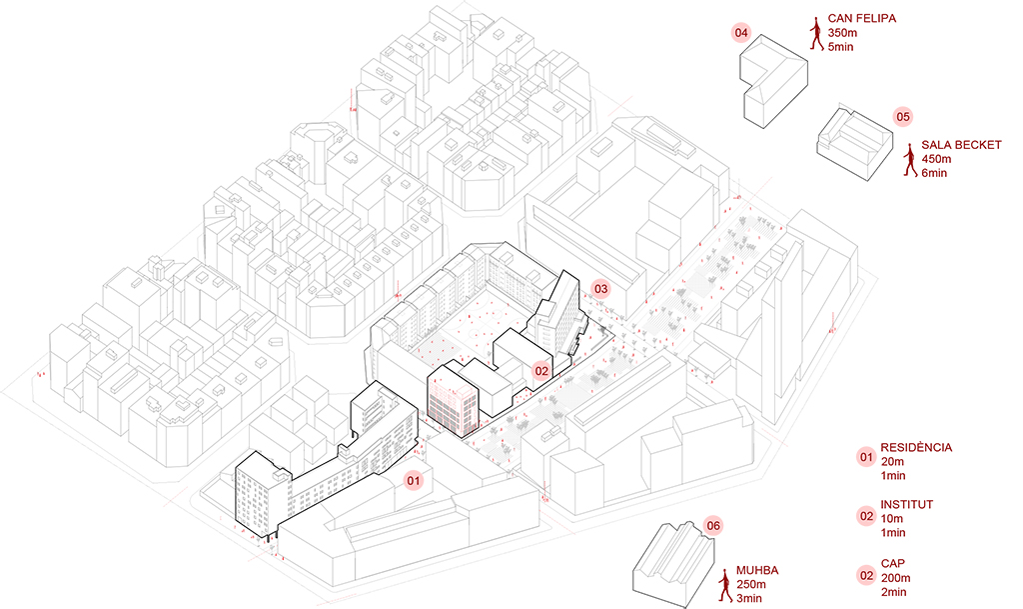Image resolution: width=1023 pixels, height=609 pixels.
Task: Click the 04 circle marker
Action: (741, 33)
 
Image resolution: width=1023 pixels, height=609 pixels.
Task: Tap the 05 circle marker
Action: (903, 116)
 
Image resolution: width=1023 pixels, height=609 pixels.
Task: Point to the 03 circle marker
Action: (600, 289)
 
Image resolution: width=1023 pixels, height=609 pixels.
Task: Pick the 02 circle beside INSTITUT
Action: (866, 516)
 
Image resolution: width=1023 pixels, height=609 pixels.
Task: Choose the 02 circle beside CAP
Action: (866, 575)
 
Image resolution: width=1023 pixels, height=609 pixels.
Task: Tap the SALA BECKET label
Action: (961, 145)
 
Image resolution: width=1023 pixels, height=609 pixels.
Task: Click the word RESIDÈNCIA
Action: (916, 447)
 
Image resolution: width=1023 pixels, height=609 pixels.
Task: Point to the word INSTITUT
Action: (906, 504)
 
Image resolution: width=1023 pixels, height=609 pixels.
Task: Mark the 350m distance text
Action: (843, 34)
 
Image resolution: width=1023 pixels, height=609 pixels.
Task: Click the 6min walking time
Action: (936, 174)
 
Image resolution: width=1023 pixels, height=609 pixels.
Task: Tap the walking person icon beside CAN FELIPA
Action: (817, 34)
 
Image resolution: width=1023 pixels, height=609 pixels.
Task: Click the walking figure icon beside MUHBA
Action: (725, 585)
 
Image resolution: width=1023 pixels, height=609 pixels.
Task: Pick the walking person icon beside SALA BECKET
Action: (910, 160)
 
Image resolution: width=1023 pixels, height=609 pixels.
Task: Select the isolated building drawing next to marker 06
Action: (671, 560)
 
